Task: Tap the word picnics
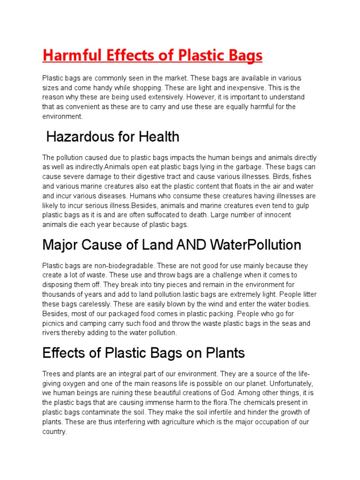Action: [x=53, y=323]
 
